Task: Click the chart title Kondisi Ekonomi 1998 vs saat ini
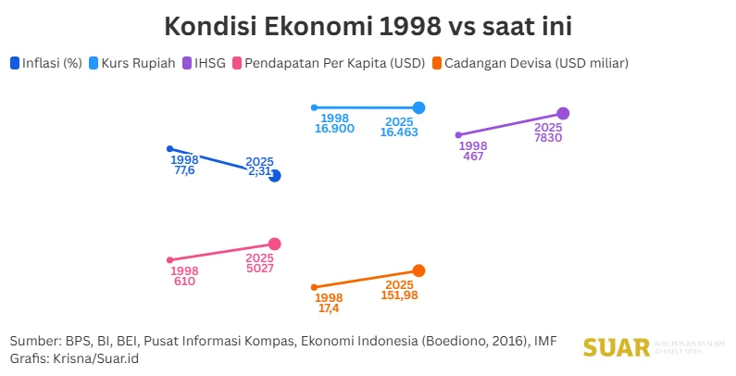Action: click(368, 27)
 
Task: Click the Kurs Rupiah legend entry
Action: click(132, 63)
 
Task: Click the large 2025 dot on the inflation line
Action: click(274, 176)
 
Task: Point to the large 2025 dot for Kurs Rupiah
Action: click(418, 107)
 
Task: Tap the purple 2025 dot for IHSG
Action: click(563, 113)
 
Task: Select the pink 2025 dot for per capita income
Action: click(274, 244)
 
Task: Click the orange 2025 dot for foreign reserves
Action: click(418, 270)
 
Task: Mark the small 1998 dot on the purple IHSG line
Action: click(458, 135)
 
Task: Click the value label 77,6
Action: click(184, 171)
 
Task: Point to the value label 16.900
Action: click(334, 132)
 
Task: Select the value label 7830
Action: click(548, 138)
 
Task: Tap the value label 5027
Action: click(259, 269)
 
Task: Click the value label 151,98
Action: click(399, 295)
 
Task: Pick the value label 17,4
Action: click(329, 307)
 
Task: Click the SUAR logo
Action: click(616, 348)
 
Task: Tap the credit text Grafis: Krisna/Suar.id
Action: click(74, 357)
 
